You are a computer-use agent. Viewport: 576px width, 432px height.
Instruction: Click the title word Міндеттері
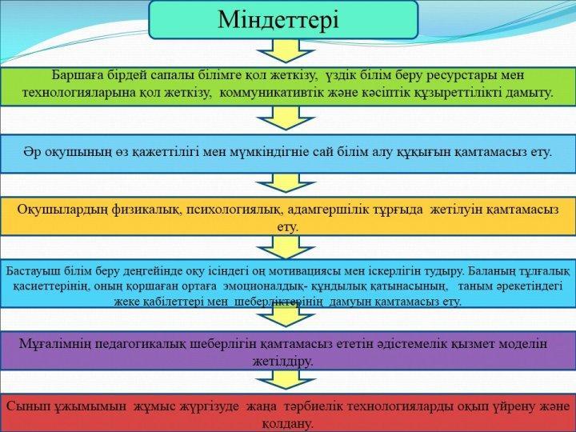(x=278, y=19)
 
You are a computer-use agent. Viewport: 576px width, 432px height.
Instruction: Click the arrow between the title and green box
(x=286, y=50)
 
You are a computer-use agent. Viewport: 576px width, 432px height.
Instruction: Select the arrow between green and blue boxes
(x=286, y=118)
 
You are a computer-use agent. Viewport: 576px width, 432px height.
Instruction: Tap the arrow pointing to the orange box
(x=286, y=183)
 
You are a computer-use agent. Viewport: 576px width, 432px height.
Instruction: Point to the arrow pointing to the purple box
(x=286, y=316)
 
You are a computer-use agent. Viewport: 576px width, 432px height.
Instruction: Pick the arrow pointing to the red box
(x=286, y=380)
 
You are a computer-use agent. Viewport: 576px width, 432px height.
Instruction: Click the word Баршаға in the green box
(x=76, y=75)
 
